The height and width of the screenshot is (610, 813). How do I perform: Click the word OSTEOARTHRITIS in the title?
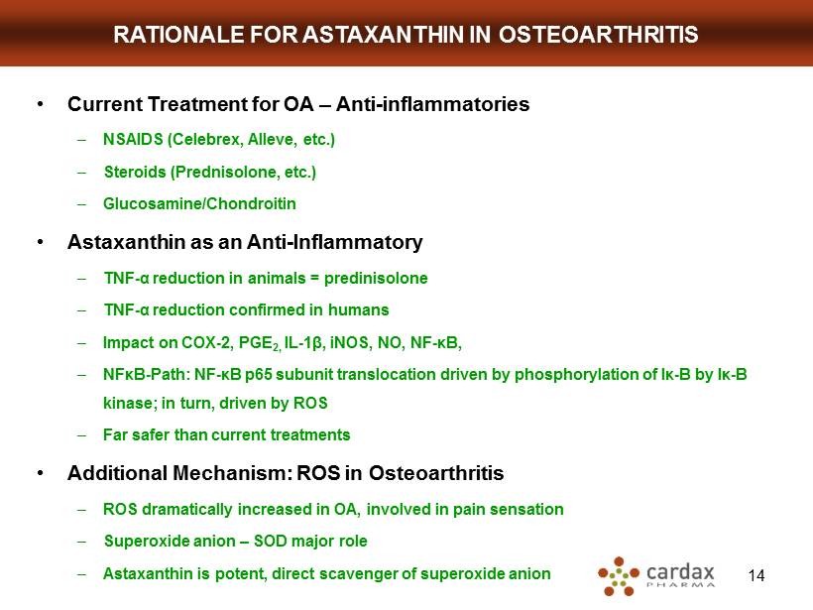click(598, 35)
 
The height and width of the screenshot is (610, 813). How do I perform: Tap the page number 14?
click(756, 575)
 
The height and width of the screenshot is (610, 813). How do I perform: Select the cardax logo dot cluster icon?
click(619, 575)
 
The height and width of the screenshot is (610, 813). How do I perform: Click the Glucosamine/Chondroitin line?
click(199, 203)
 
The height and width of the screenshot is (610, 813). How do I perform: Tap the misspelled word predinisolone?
click(376, 279)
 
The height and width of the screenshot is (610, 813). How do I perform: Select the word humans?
click(358, 309)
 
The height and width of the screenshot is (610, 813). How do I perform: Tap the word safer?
click(151, 434)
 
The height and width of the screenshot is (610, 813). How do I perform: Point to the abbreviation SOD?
click(270, 541)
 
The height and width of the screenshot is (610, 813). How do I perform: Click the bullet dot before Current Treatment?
click(40, 104)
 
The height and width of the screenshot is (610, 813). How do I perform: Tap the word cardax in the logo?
click(680, 572)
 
